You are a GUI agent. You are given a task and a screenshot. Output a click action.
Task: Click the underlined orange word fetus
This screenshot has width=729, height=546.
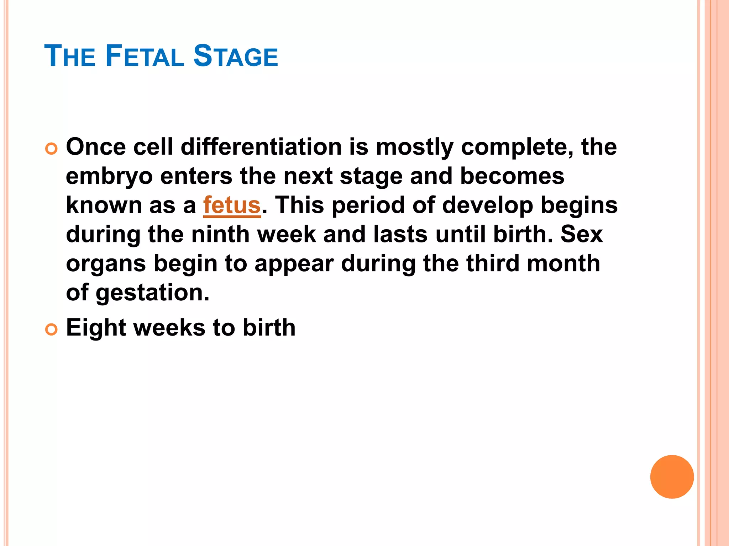pyautogui.click(x=232, y=205)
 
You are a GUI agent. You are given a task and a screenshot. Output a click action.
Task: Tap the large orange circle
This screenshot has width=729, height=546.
pyautogui.click(x=672, y=477)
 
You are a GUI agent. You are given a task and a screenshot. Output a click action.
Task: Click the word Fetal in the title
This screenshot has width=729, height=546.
pyautogui.click(x=145, y=56)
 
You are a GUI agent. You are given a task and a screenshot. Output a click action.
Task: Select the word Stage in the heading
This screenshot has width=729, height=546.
pyautogui.click(x=235, y=56)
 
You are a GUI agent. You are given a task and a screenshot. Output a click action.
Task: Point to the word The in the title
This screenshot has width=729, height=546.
pyautogui.click(x=70, y=56)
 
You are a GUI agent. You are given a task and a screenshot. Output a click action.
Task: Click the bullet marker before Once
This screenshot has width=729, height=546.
pyautogui.click(x=51, y=149)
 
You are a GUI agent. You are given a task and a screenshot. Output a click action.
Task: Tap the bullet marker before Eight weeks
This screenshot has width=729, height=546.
pyautogui.click(x=51, y=330)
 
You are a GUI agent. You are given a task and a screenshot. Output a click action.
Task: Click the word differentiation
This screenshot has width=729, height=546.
pyautogui.click(x=261, y=147)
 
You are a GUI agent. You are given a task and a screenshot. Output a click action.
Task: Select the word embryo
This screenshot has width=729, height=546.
pyautogui.click(x=109, y=177)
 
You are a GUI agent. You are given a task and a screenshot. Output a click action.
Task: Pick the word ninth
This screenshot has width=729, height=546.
pyautogui.click(x=220, y=235)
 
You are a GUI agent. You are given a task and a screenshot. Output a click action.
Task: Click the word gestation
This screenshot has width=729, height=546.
pyautogui.click(x=152, y=293)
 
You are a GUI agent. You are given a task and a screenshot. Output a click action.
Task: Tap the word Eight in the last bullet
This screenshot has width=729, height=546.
pyautogui.click(x=95, y=328)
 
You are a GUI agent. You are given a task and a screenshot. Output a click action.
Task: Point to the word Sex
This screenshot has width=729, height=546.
pyautogui.click(x=582, y=235)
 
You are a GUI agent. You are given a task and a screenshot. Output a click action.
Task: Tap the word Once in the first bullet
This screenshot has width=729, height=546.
pyautogui.click(x=96, y=147)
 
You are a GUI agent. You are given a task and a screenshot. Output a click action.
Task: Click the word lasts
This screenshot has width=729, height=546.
pyautogui.click(x=400, y=235)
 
